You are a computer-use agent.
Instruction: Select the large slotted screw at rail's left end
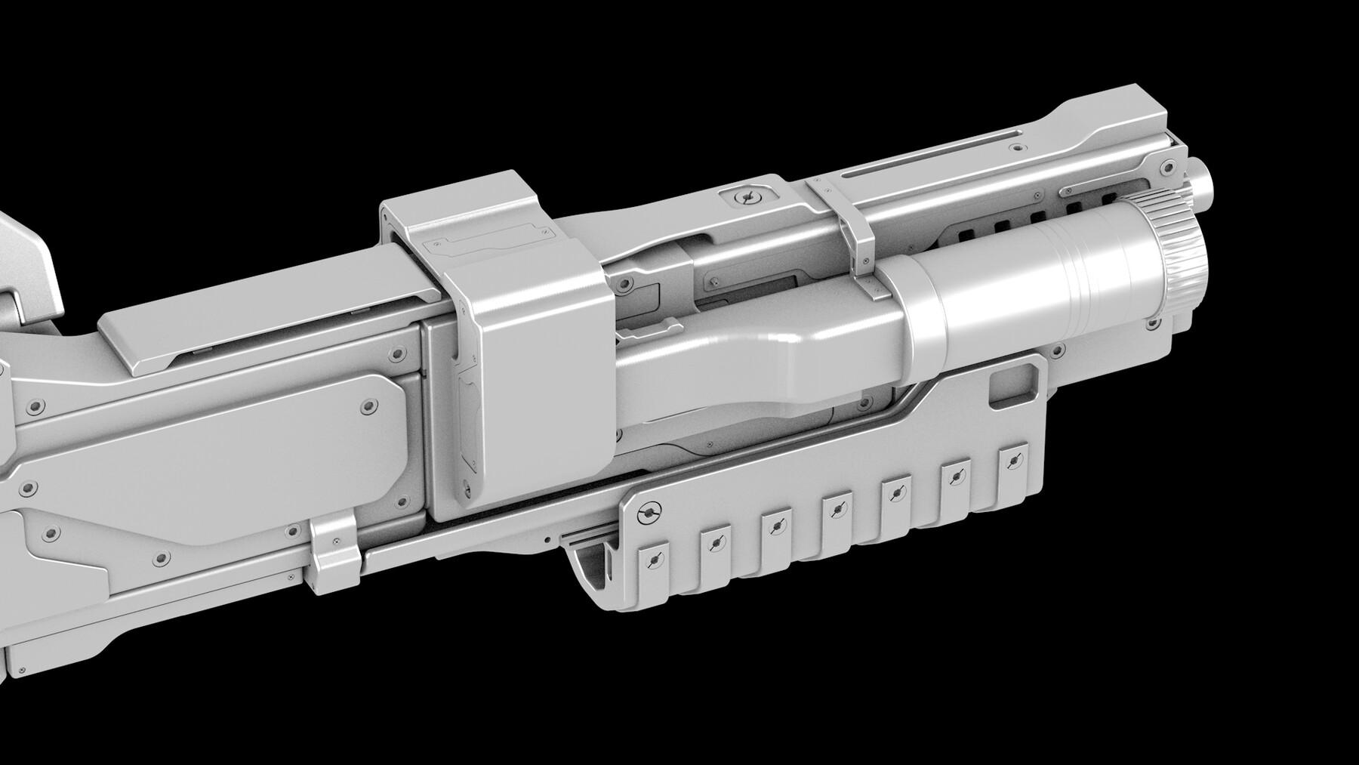648,513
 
